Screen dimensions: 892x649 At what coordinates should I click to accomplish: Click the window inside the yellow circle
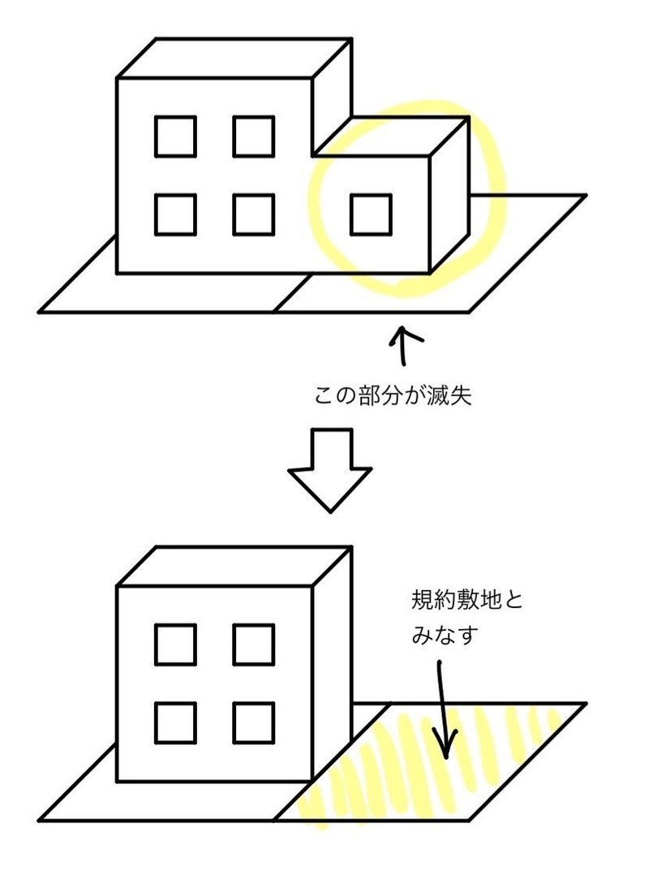click(372, 214)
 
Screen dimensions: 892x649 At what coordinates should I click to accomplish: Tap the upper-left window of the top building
click(176, 136)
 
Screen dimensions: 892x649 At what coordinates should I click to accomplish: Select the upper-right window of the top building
click(253, 136)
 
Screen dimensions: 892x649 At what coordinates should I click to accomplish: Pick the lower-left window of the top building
click(176, 214)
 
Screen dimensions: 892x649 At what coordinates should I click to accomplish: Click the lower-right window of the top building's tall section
click(253, 214)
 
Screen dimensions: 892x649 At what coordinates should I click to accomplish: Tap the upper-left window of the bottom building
click(176, 644)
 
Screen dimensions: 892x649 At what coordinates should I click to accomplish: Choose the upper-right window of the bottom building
click(253, 644)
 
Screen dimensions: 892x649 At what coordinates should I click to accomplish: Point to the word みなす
click(441, 635)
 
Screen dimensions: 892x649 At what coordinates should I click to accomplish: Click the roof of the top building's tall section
click(235, 58)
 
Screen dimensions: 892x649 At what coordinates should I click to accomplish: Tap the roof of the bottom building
click(235, 566)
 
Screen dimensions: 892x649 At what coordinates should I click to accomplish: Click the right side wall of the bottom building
click(332, 657)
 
